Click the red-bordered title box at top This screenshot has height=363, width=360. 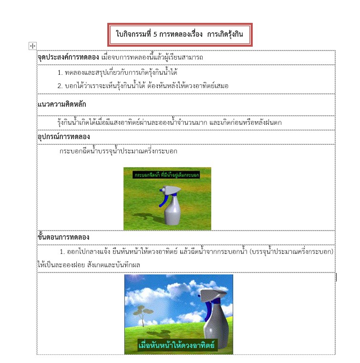tap(179, 35)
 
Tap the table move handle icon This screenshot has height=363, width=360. tap(32, 46)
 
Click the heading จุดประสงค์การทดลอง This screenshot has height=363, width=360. tap(68, 58)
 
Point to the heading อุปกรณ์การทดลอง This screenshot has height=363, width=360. tap(63, 137)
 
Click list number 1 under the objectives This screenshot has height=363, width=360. tap(60, 73)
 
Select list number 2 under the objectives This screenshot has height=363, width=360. tap(60, 86)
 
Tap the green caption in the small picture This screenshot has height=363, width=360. tap(166, 175)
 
